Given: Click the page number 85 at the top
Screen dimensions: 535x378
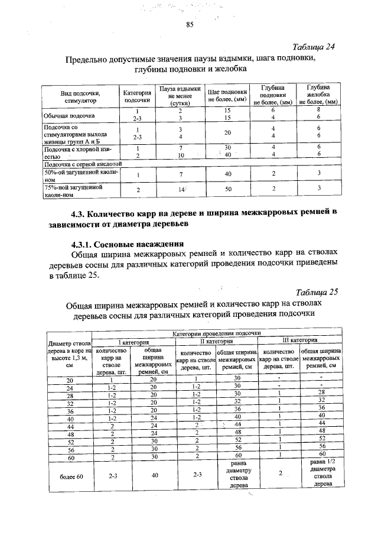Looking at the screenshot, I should point(190,24).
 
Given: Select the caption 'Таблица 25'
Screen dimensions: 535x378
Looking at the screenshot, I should point(316,292).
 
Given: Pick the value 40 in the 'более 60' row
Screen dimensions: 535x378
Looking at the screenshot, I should point(154,475).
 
